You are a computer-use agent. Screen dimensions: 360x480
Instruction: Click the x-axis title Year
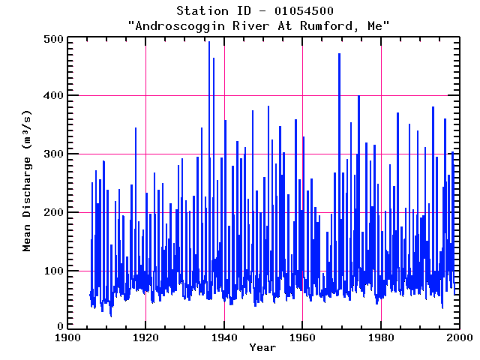[x=262, y=348]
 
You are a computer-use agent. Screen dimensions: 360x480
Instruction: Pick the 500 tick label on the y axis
[x=52, y=38]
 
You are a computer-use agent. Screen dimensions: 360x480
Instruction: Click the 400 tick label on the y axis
[x=52, y=96]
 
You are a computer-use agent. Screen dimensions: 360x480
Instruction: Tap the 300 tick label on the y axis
[x=52, y=154]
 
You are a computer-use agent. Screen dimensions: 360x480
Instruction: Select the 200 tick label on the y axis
[x=52, y=212]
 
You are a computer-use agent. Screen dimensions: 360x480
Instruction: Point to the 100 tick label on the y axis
[x=52, y=270]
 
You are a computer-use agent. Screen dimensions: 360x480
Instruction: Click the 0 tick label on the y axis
[x=58, y=328]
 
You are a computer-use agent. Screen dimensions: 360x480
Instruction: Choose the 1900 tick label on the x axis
[x=67, y=337]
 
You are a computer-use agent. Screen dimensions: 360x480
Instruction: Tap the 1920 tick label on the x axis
[x=145, y=337]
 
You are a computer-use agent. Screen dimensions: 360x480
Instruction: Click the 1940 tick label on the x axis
[x=224, y=337]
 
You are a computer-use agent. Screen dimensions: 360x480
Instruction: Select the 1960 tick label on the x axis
[x=302, y=337]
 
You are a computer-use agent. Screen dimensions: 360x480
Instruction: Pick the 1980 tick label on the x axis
[x=381, y=337]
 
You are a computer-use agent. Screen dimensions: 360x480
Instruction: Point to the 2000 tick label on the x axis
[x=458, y=337]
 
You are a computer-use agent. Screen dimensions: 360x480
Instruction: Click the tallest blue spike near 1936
[x=208, y=43]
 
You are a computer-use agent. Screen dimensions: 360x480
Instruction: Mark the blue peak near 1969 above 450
[x=339, y=55]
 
